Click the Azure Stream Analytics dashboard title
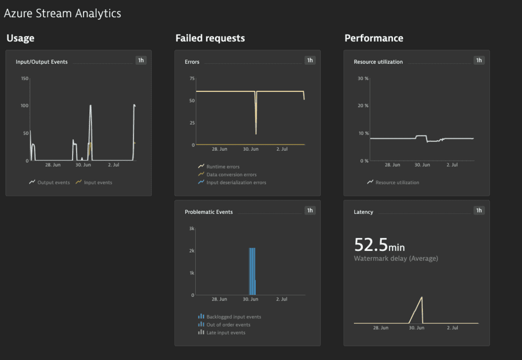pyautogui.click(x=62, y=14)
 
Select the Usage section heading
pyautogui.click(x=20, y=38)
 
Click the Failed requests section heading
pyautogui.click(x=210, y=38)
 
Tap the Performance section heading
pyautogui.click(x=374, y=38)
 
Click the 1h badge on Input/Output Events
pyautogui.click(x=141, y=60)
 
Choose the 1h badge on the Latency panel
pyautogui.click(x=479, y=210)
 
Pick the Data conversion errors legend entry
pyautogui.click(x=231, y=175)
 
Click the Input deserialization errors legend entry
pyautogui.click(x=236, y=183)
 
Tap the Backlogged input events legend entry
pyautogui.click(x=233, y=317)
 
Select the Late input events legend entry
pyautogui.click(x=226, y=332)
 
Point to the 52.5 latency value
pyautogui.click(x=370, y=245)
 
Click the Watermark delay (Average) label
pyautogui.click(x=396, y=258)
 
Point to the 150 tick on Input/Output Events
pyautogui.click(x=25, y=79)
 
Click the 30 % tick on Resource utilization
pyautogui.click(x=363, y=79)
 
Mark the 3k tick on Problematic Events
pyautogui.click(x=192, y=229)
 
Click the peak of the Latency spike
pyautogui.click(x=422, y=297)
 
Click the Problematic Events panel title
pyautogui.click(x=209, y=212)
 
